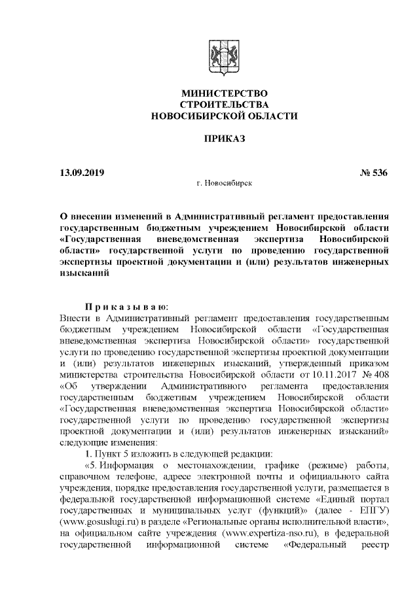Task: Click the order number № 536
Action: [374, 173]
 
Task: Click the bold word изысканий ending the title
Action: [82, 273]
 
